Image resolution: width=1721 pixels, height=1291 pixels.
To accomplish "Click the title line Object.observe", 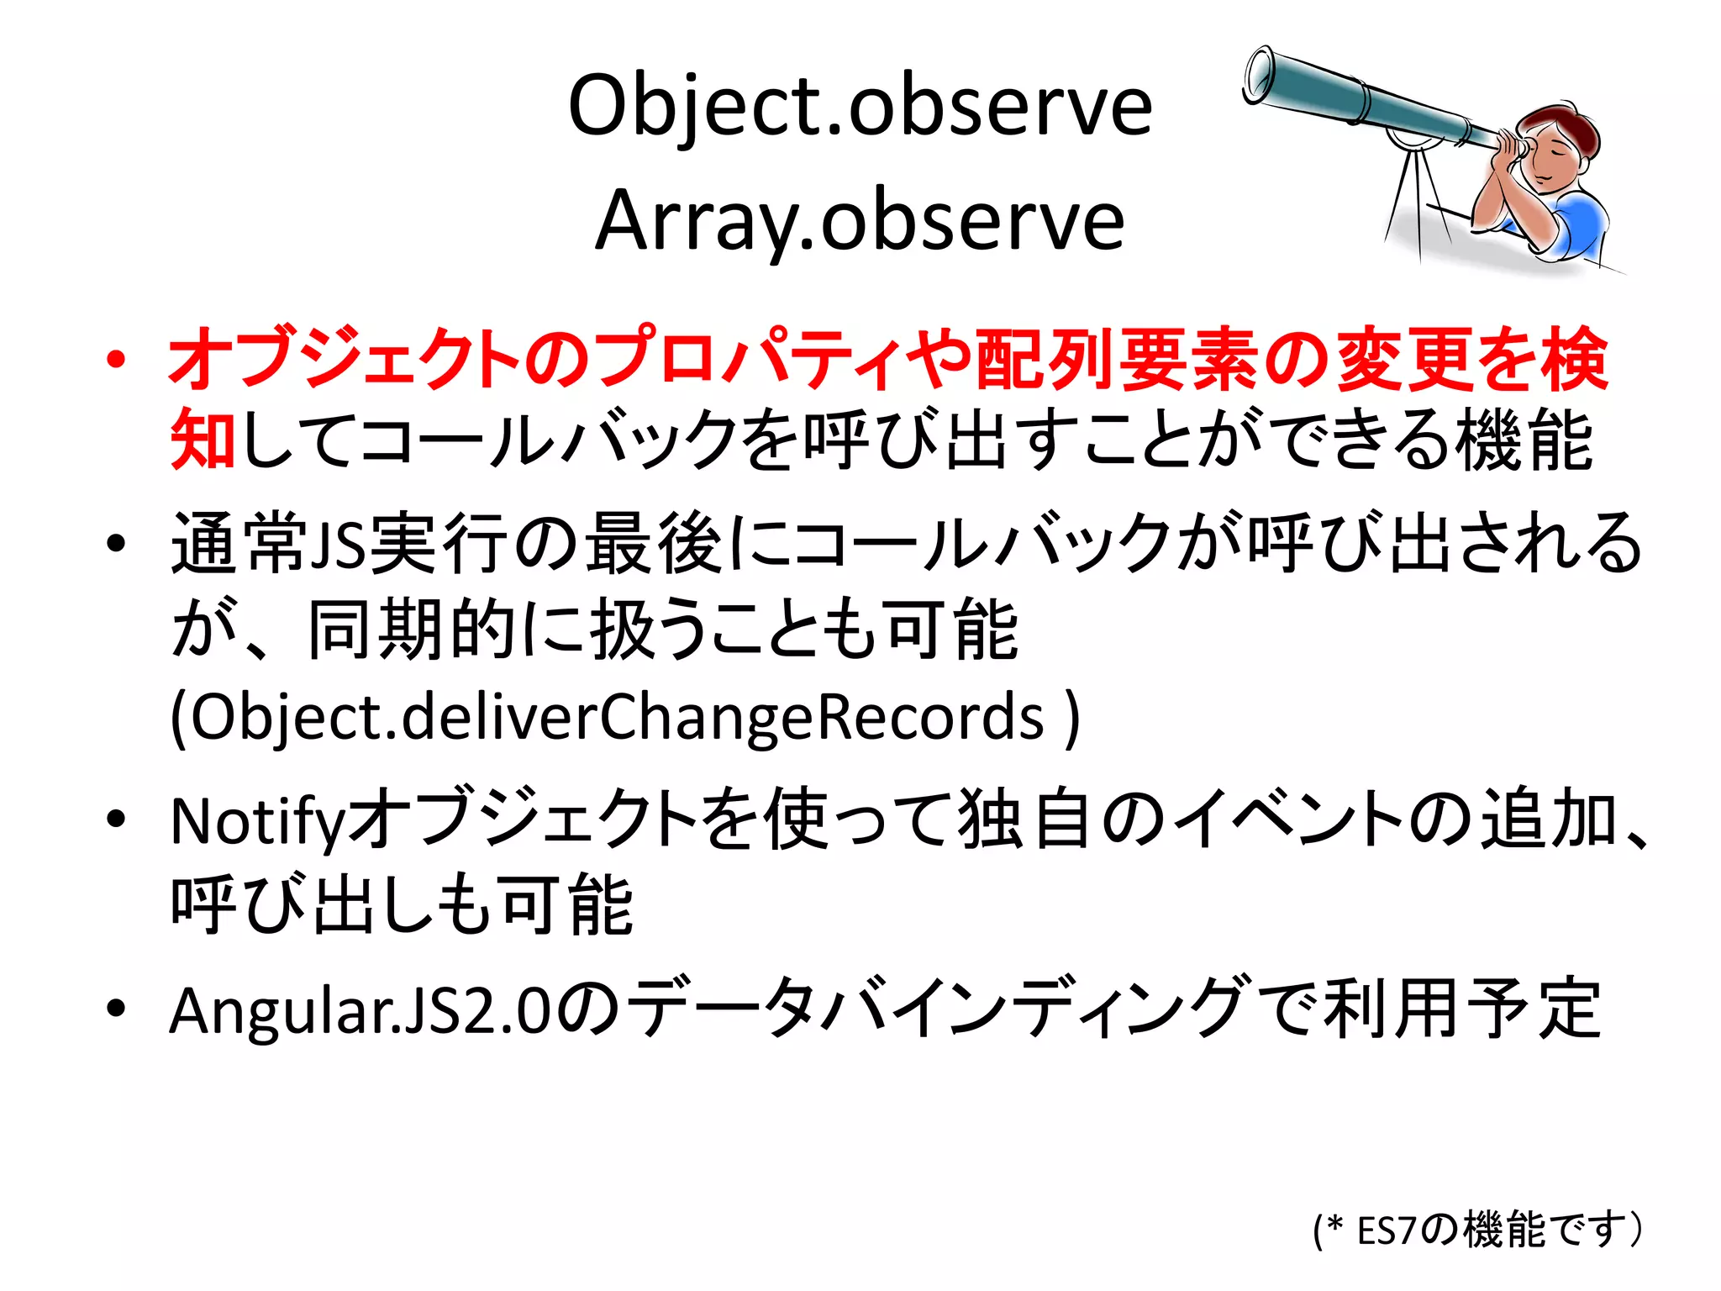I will click(x=860, y=107).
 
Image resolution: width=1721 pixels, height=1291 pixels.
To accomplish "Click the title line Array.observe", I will click(x=860, y=221).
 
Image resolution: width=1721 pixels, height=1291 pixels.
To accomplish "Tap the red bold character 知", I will click(x=203, y=440).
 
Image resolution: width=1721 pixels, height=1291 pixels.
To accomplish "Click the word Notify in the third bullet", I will click(x=256, y=822).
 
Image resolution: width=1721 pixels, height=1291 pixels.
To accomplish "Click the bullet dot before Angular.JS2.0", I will click(x=116, y=1008).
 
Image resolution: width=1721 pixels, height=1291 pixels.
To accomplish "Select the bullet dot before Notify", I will click(x=116, y=819).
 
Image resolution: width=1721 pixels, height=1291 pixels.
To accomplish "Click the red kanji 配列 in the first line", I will click(x=1041, y=360).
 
